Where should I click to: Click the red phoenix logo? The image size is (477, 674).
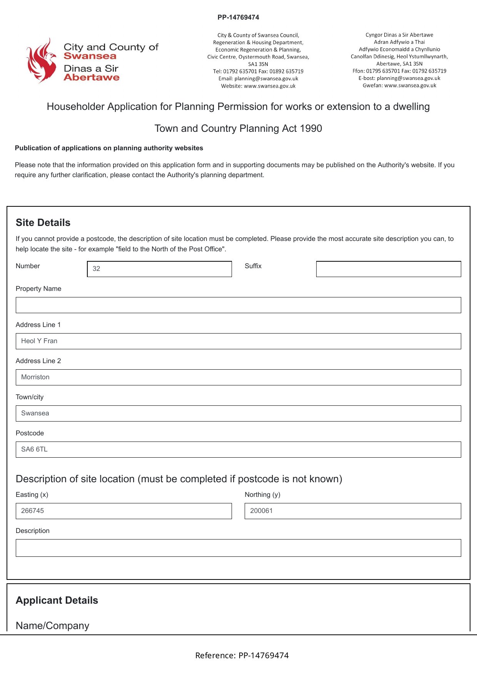(41, 61)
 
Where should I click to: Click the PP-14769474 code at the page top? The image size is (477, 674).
(238, 17)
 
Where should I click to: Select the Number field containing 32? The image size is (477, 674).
(159, 269)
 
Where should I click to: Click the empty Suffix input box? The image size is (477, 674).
(389, 269)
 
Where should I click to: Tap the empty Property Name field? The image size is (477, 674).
(238, 305)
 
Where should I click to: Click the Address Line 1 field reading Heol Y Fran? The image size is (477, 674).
(238, 341)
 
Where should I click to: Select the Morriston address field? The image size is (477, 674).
(238, 377)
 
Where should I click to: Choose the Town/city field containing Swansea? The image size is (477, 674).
(238, 413)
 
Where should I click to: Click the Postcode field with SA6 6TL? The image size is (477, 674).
(238, 450)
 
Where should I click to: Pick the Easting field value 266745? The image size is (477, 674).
(123, 511)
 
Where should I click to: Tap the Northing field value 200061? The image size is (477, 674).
(353, 511)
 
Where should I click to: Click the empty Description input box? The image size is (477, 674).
(238, 548)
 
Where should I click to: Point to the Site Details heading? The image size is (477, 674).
(43, 223)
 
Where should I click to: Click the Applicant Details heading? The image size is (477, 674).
(57, 601)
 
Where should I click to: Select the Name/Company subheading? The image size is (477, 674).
(52, 626)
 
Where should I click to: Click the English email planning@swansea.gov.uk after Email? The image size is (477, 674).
(266, 79)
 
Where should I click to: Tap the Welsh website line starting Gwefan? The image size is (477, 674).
(399, 86)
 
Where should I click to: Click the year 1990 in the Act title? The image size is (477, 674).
(311, 129)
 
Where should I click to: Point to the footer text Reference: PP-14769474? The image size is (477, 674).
(242, 656)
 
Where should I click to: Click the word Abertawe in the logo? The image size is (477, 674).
(92, 78)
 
